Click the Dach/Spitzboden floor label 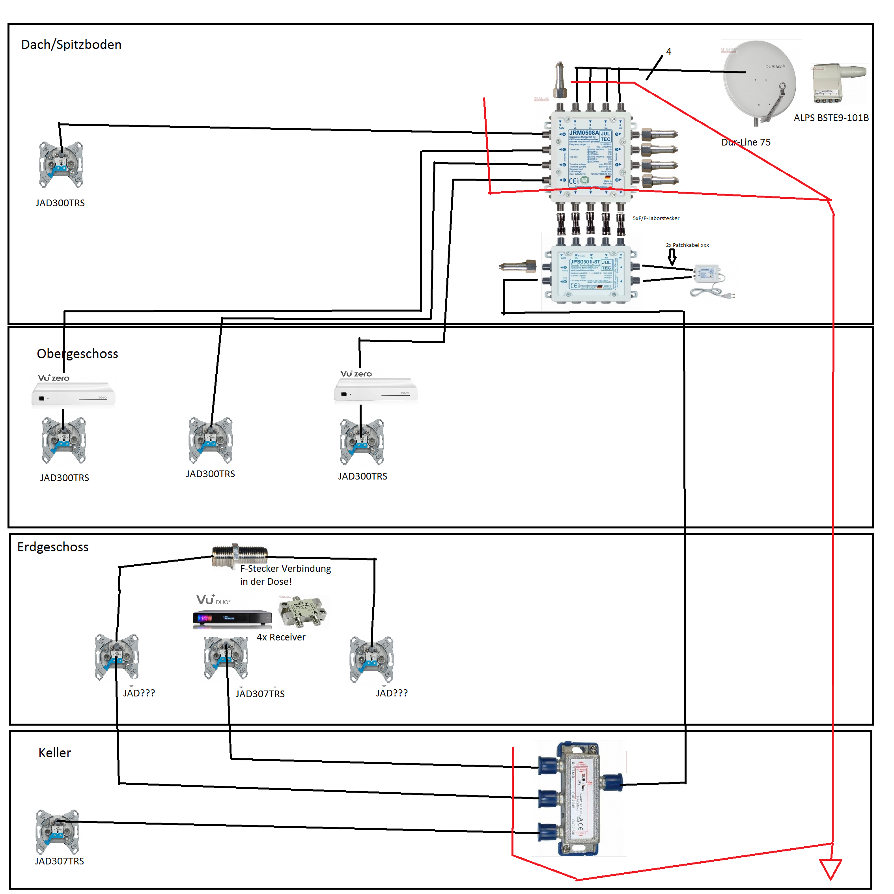point(71,45)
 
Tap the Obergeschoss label point(77,354)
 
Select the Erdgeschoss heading point(53,547)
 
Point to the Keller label point(54,753)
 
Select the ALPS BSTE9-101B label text point(831,118)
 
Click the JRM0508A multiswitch point(590,155)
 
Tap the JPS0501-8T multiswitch point(590,275)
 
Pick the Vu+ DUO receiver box point(232,618)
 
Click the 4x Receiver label point(281,638)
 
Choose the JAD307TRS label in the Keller point(59,862)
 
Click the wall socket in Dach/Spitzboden point(61,165)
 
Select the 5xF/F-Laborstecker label point(656,218)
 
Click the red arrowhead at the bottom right point(830,869)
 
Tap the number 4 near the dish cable point(669,52)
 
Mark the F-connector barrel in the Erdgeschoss point(240,554)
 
